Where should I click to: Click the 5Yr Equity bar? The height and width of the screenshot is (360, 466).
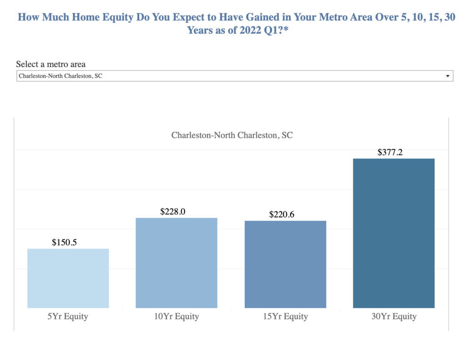(68, 278)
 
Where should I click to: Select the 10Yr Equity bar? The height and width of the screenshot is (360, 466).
(177, 263)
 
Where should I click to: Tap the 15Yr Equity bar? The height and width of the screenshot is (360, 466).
(285, 264)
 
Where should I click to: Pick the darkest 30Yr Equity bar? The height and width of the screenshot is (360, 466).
(394, 233)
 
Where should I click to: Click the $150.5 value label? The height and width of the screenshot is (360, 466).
(64, 242)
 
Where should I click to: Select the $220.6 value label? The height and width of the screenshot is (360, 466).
(282, 214)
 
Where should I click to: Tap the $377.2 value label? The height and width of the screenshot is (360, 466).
(390, 152)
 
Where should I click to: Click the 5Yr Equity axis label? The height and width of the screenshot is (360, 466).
(68, 316)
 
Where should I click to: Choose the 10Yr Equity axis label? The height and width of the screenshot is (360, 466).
(177, 316)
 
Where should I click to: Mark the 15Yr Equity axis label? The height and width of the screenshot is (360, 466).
(285, 316)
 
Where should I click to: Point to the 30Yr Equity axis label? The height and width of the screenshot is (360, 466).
(394, 316)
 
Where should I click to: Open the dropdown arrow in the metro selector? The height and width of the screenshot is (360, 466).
(447, 76)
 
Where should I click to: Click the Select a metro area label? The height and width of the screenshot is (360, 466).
(51, 64)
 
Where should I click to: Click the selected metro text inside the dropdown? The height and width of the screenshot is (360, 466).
(60, 76)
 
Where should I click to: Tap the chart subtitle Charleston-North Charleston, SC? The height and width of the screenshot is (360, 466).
(232, 135)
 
